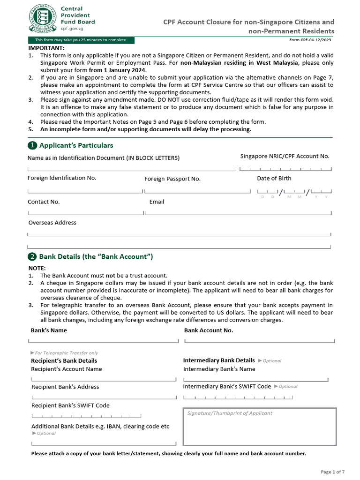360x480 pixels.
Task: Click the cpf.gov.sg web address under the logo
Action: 72,29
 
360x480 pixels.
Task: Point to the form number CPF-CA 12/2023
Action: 311,40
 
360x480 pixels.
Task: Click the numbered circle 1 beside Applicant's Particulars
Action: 32,145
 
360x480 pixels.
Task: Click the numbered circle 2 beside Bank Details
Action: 32,256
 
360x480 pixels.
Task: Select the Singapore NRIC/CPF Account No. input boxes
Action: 285,169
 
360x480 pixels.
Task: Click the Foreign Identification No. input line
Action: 85,191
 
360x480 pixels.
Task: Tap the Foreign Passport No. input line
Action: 197,191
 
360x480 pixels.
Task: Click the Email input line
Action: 238,213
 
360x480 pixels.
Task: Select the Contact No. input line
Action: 85,213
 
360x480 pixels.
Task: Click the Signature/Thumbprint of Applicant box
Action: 259,427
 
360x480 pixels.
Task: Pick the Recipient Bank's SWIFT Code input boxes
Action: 86,416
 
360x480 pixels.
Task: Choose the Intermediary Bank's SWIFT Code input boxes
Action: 238,397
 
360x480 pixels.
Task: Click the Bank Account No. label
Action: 209,330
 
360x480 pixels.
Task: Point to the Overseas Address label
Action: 52,223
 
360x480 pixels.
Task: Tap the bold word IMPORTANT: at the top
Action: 46,48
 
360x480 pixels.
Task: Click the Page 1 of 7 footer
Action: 333,472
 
